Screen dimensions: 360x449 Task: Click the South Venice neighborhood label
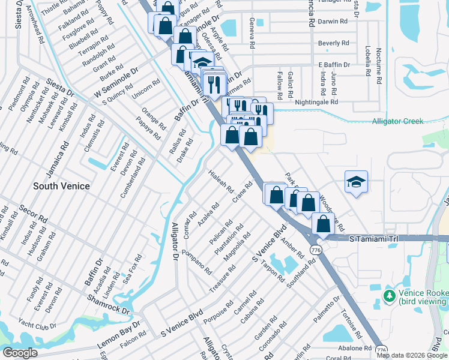[61, 186]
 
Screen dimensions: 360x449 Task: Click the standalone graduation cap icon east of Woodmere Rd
[356, 182]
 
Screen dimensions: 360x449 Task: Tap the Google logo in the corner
[19, 353]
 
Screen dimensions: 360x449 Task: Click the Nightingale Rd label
[317, 103]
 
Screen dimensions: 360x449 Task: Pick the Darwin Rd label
[333, 21]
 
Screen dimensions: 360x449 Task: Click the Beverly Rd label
[333, 43]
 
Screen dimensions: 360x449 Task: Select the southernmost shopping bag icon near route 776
[324, 224]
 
